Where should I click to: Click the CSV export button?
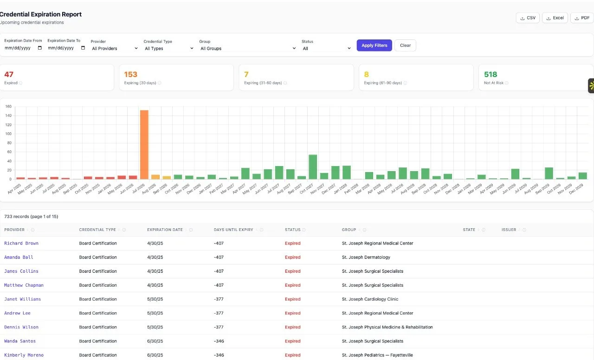click(528, 18)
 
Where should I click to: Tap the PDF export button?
click(582, 18)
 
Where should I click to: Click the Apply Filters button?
click(374, 45)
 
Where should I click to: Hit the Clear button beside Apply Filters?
click(405, 45)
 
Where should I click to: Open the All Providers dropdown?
click(115, 48)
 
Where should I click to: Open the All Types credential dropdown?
click(168, 48)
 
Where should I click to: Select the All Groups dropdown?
click(248, 48)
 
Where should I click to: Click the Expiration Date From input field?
click(23, 48)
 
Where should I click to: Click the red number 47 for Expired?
click(9, 74)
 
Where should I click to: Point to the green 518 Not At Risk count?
click(491, 74)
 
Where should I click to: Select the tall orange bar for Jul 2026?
click(144, 145)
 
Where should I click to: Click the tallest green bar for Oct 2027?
click(313, 167)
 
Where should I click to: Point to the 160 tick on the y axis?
click(8, 106)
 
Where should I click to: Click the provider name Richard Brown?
click(21, 243)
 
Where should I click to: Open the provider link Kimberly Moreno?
click(24, 355)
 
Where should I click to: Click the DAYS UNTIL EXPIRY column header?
click(233, 230)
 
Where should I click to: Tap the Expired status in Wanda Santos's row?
click(293, 341)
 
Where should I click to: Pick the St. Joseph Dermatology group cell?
click(366, 257)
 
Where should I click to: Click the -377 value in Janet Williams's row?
click(219, 299)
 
